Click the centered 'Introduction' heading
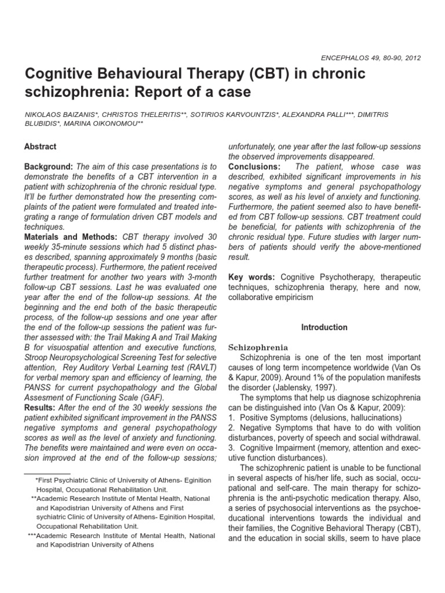coord(324,327)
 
